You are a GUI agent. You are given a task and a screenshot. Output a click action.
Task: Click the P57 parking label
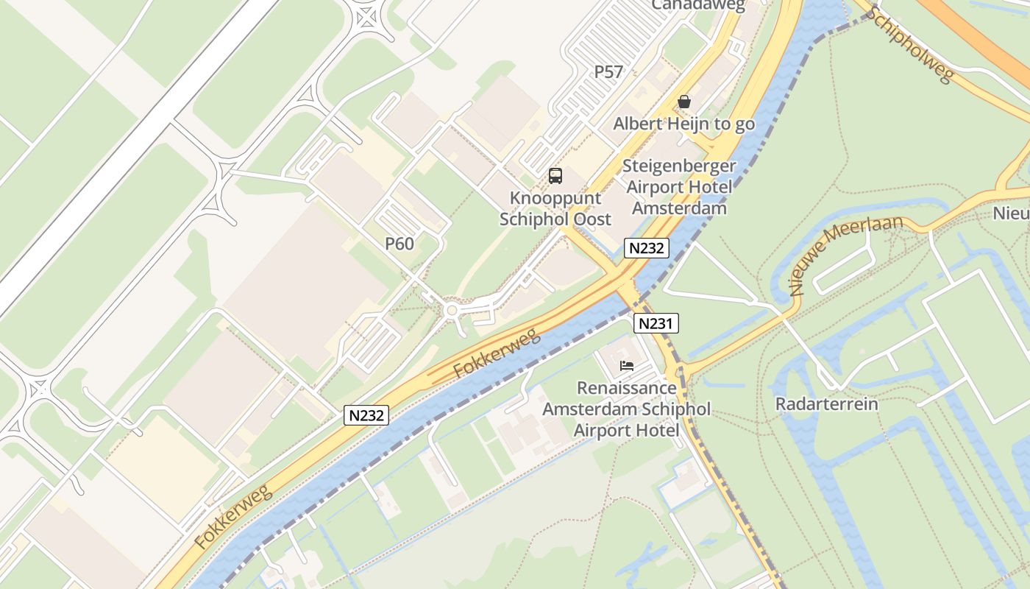pyautogui.click(x=608, y=72)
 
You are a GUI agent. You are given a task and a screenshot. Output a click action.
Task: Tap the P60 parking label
pyautogui.click(x=399, y=244)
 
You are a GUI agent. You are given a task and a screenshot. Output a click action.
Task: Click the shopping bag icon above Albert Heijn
pyautogui.click(x=684, y=102)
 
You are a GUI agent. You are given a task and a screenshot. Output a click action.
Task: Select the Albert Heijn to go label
pyautogui.click(x=684, y=124)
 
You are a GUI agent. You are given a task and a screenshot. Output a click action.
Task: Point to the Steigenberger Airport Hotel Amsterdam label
pyautogui.click(x=679, y=187)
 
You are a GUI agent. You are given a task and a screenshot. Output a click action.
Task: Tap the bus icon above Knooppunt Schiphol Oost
pyautogui.click(x=555, y=176)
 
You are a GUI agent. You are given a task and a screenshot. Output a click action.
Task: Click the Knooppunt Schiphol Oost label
pyautogui.click(x=555, y=209)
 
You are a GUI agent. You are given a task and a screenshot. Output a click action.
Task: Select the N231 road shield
pyautogui.click(x=656, y=322)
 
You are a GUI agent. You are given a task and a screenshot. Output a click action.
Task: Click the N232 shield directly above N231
pyautogui.click(x=647, y=248)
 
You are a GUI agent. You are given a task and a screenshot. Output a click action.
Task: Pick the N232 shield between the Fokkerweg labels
pyautogui.click(x=366, y=415)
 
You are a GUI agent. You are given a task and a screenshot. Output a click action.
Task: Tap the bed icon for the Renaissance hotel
pyautogui.click(x=627, y=365)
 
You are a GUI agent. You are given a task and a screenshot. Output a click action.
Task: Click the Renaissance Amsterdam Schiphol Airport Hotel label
pyautogui.click(x=627, y=409)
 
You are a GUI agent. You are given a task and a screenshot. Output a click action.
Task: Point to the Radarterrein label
pyautogui.click(x=827, y=404)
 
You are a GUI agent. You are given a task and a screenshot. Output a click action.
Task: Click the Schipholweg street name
pyautogui.click(x=912, y=45)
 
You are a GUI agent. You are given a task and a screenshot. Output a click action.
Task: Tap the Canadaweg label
pyautogui.click(x=698, y=6)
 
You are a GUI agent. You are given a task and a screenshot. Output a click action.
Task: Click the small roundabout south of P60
pyautogui.click(x=451, y=311)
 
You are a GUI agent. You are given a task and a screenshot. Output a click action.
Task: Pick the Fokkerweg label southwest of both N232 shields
pyautogui.click(x=234, y=517)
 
